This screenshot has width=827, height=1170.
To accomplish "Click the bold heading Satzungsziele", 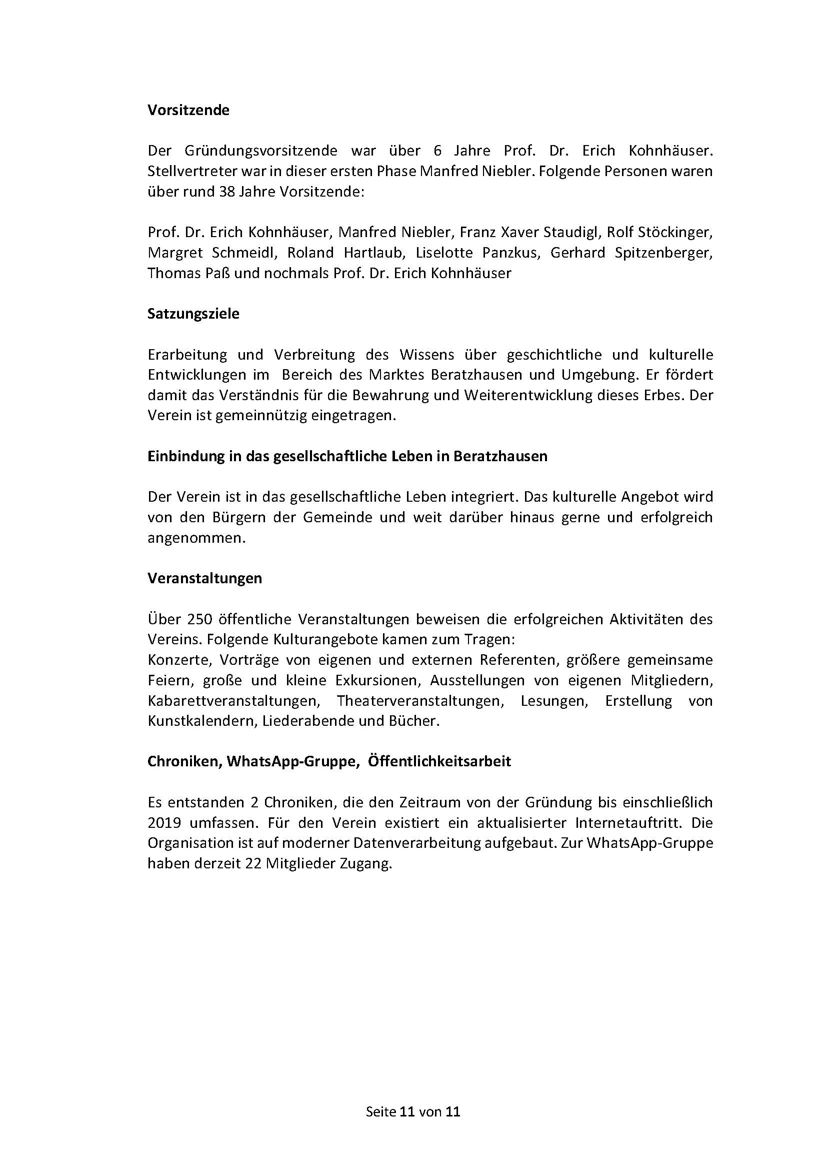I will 193,314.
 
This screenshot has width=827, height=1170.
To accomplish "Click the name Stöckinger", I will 675,233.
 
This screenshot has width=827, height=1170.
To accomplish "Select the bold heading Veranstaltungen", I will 204,578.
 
